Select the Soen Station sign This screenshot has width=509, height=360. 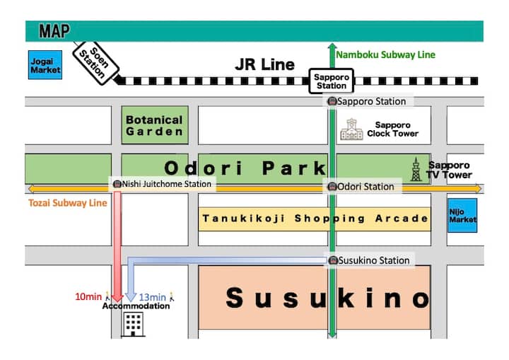pyautogui.click(x=95, y=63)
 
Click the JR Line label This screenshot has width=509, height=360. pyautogui.click(x=264, y=65)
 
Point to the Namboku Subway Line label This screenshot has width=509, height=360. pyautogui.click(x=385, y=54)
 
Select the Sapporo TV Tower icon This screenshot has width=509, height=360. pyautogui.click(x=416, y=170)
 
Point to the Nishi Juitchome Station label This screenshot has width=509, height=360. pyautogui.click(x=163, y=184)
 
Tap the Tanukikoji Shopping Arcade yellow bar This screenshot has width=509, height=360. pyautogui.click(x=315, y=219)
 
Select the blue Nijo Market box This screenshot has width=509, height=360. pyautogui.click(x=463, y=215)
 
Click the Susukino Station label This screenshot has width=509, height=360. pyautogui.click(x=369, y=260)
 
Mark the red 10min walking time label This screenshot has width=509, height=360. pyautogui.click(x=90, y=296)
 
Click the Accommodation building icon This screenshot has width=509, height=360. pyautogui.click(x=134, y=325)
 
